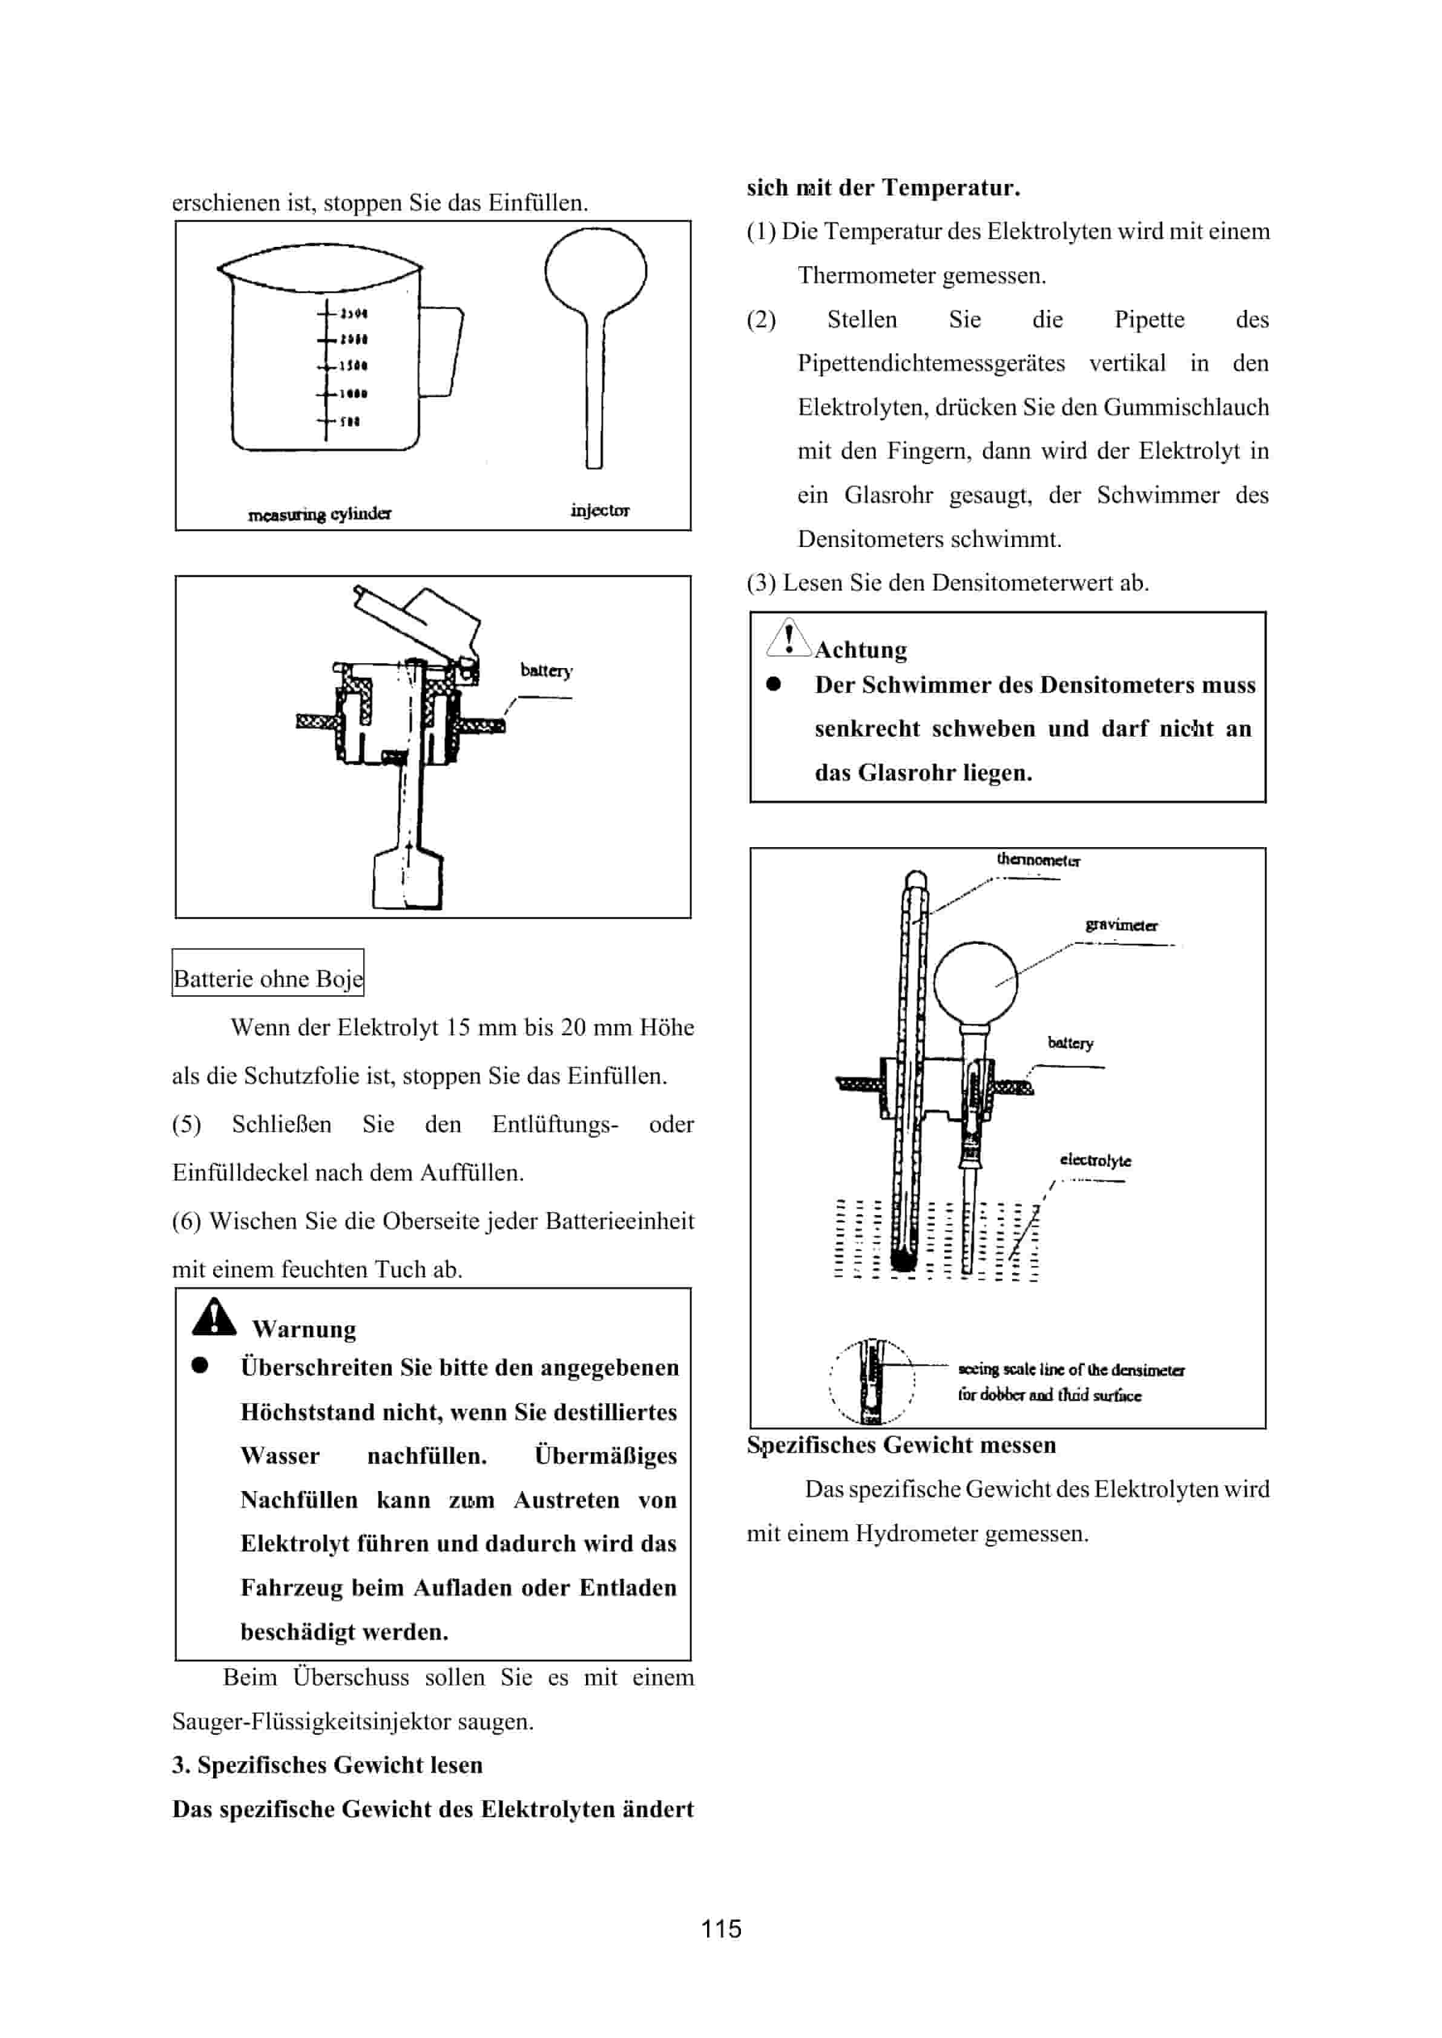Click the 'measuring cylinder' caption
320,514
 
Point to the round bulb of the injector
596,270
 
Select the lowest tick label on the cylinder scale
349,422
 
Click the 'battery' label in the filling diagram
546,670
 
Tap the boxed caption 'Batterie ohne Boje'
267,978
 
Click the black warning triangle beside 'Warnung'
214,1317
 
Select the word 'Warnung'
304,1329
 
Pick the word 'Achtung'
860,650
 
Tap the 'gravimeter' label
1121,925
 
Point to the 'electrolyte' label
1095,1160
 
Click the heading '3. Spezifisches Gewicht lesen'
327,1764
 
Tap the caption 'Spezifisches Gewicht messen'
901,1444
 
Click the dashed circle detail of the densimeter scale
872,1380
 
